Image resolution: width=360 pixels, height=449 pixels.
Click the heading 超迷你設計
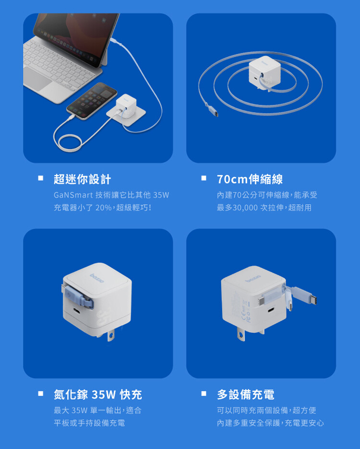82,179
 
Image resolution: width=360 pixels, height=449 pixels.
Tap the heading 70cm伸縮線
250,179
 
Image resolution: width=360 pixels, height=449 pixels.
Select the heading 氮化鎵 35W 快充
98,395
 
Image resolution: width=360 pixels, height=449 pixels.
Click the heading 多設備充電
246,395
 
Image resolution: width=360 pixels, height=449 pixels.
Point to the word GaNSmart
73,195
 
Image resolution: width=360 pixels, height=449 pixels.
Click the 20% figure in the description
104,208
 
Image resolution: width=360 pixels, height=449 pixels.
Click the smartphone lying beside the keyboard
92,101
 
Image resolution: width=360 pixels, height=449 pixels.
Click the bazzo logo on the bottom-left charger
97,278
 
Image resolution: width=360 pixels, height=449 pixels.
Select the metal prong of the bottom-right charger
241,334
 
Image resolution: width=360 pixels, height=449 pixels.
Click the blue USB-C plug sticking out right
304,297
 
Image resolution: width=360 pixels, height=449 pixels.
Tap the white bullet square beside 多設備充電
204,393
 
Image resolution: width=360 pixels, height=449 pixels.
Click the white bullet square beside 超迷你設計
40,178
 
